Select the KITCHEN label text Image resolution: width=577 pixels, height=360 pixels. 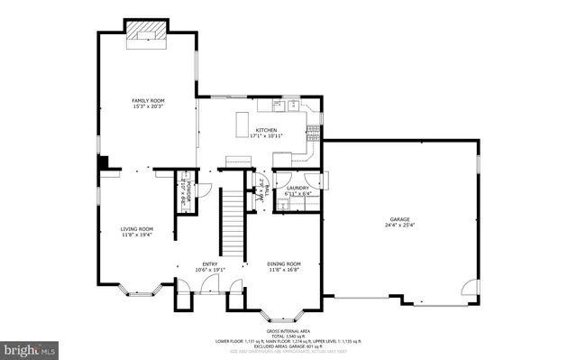pyautogui.click(x=266, y=129)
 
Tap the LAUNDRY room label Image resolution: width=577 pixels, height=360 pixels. pyautogui.click(x=298, y=188)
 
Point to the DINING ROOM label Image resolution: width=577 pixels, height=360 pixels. pyautogui.click(x=283, y=263)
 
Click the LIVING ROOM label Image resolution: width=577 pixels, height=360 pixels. pyautogui.click(x=137, y=228)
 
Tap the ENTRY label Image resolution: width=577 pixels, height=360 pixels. pyautogui.click(x=209, y=263)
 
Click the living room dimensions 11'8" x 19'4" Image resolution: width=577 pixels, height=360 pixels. pyautogui.click(x=137, y=235)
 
